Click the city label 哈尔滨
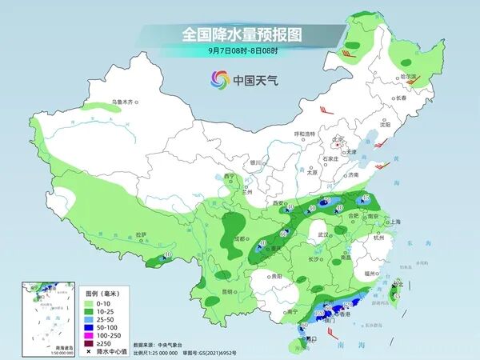409,78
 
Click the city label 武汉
322,234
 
